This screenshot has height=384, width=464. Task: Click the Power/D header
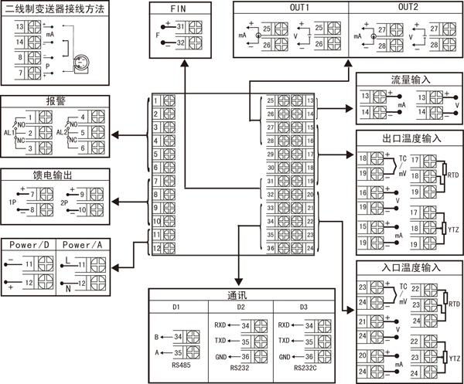pos(30,245)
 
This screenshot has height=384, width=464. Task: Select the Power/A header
pos(84,245)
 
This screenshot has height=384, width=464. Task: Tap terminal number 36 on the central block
pos(271,248)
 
